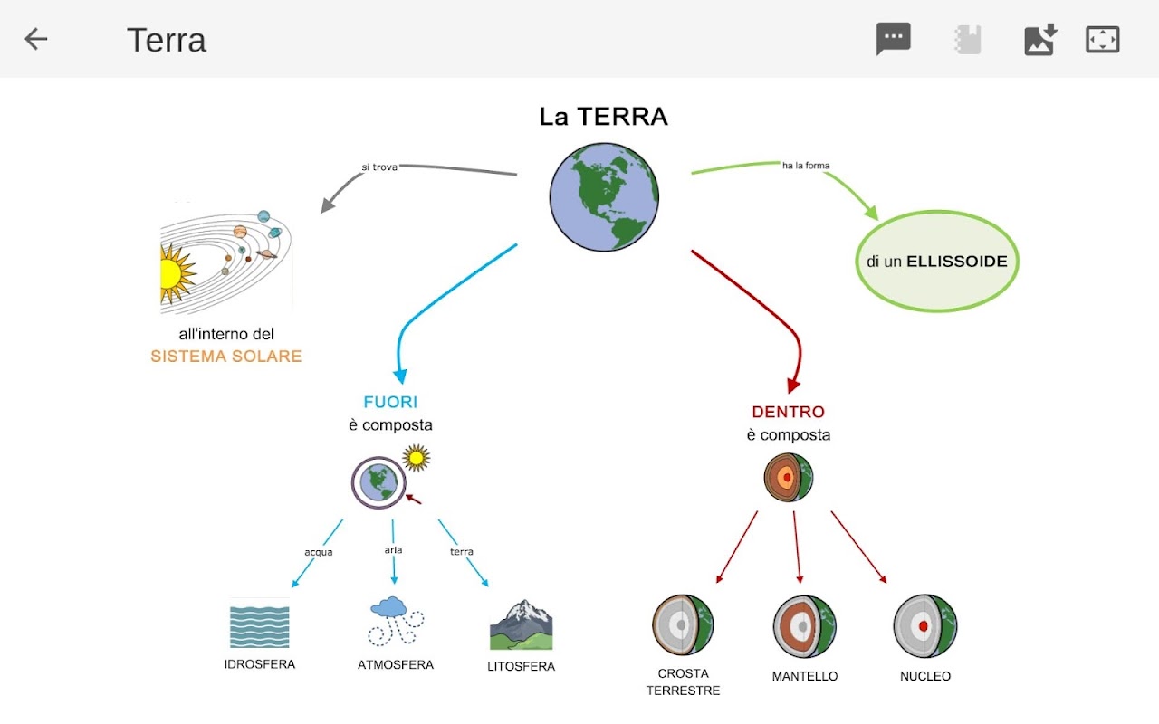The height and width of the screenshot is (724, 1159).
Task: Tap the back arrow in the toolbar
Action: point(36,39)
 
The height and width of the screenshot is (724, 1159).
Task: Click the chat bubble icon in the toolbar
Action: point(893,39)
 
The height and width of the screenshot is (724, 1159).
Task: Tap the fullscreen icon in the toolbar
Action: point(1102,39)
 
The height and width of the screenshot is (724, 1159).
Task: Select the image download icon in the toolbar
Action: point(1039,39)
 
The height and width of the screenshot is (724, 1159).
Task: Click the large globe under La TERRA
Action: point(604,197)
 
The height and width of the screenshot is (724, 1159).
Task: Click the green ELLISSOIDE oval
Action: point(937,262)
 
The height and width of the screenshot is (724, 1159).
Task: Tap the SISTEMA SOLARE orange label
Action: point(226,357)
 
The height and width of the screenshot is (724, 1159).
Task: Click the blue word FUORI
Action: point(390,403)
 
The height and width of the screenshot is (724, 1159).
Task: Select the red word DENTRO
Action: point(788,413)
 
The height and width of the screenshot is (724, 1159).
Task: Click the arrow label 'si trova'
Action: point(379,167)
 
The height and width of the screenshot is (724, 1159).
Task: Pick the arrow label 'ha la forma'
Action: point(806,166)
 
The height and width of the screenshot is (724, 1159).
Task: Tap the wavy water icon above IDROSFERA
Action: point(260,625)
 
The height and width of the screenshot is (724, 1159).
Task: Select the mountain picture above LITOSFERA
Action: point(521,624)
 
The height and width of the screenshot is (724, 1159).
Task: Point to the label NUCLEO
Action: point(925,676)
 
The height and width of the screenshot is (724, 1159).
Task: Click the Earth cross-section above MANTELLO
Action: point(804,626)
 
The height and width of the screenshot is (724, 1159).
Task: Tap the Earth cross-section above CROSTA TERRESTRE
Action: point(683,625)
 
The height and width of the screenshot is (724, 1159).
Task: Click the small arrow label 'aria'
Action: point(393,549)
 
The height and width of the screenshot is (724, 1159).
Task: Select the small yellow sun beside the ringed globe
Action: point(417,458)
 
